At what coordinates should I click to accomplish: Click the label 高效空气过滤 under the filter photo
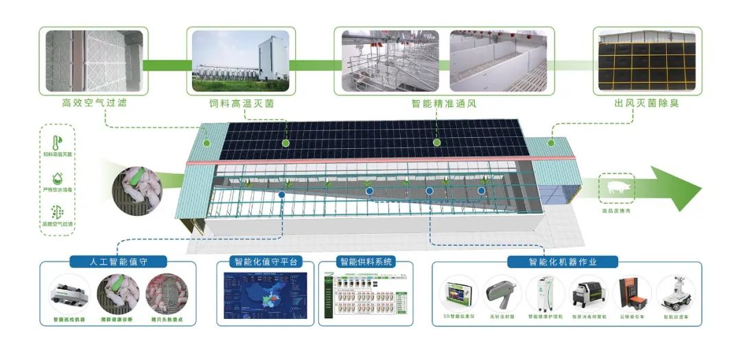click(x=94, y=104)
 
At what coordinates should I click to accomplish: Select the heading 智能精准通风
click(x=443, y=104)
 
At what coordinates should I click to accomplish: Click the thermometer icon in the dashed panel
click(x=57, y=142)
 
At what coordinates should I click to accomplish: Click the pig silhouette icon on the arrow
click(x=616, y=187)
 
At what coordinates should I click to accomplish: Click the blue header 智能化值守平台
click(x=264, y=261)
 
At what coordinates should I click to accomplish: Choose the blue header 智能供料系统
click(x=364, y=261)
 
